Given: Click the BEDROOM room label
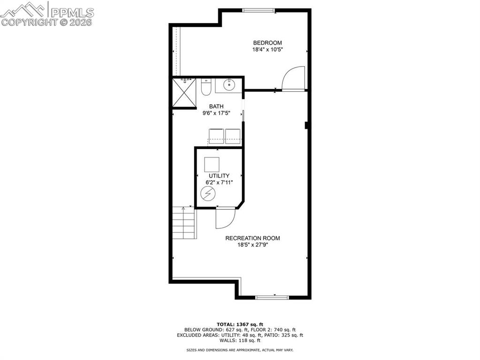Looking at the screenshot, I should [x=267, y=43].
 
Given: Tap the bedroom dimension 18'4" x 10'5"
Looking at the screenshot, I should [x=267, y=49].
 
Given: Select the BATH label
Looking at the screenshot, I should [x=216, y=106].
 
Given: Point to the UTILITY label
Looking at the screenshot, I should [x=219, y=176].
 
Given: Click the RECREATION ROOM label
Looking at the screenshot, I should [x=252, y=238].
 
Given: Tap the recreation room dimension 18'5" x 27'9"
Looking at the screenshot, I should [x=252, y=245].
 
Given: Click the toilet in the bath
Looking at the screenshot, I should [x=206, y=87].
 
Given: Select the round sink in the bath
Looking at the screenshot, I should [x=229, y=85].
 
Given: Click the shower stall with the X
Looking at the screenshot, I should [x=184, y=93].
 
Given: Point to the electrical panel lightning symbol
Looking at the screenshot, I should [x=207, y=193].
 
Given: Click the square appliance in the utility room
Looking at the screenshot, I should [x=212, y=164].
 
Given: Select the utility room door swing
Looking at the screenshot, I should [x=225, y=218].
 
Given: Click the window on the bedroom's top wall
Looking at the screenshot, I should [x=259, y=10].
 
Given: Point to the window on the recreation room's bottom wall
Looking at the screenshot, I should [x=272, y=297].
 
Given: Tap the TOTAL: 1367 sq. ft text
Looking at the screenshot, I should [x=240, y=324].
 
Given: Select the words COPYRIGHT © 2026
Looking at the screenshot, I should [x=47, y=22].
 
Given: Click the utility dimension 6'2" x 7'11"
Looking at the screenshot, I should [x=219, y=182].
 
